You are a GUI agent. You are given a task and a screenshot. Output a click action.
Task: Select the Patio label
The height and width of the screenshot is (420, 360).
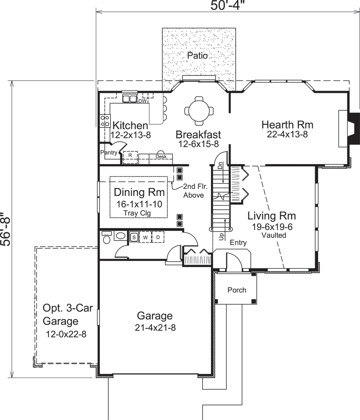[197, 55]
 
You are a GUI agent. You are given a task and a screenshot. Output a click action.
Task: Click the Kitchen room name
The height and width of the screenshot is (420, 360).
[130, 126]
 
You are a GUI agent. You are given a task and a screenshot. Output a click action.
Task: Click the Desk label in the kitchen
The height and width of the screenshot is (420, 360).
[161, 157]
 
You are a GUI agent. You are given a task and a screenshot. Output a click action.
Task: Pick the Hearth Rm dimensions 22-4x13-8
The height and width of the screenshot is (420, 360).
[287, 134]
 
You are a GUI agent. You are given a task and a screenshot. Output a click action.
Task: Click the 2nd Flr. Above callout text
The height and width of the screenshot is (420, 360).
[193, 191]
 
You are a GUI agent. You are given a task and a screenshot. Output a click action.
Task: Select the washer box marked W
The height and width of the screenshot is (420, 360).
[145, 237]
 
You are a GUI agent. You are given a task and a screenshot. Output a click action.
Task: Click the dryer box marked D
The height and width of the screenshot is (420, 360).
[158, 237]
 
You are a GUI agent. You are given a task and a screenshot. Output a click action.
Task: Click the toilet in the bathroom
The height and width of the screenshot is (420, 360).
[107, 238]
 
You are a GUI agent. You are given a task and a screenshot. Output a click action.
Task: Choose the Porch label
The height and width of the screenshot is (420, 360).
[237, 290]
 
